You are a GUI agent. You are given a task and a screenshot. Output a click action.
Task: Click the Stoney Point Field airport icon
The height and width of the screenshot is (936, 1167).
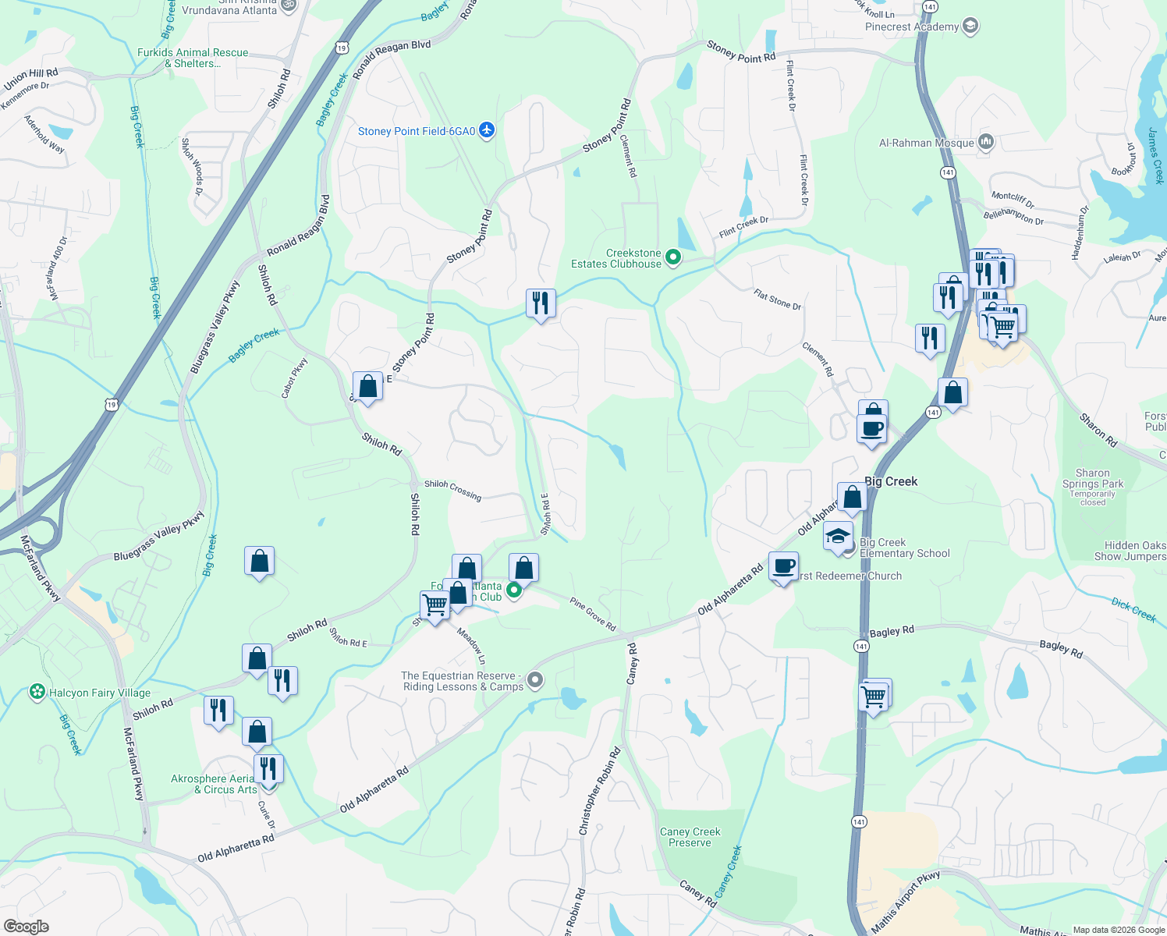[x=487, y=130]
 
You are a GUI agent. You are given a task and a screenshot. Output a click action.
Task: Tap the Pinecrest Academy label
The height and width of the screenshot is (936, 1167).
[x=912, y=27]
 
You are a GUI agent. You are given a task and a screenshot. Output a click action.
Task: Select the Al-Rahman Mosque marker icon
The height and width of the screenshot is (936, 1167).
[x=986, y=142]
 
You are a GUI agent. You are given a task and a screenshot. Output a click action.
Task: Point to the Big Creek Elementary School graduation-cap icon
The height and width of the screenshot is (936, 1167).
[x=838, y=537]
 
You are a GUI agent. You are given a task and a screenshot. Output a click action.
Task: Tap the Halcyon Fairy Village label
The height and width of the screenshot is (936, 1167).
[x=99, y=693]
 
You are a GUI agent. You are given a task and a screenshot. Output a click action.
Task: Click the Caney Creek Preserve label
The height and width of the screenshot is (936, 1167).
[x=690, y=837]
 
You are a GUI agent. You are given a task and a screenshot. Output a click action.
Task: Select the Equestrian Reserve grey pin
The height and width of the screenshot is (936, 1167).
[x=535, y=680]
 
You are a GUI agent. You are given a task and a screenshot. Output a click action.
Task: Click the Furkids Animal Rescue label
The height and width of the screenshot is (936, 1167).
[x=193, y=58]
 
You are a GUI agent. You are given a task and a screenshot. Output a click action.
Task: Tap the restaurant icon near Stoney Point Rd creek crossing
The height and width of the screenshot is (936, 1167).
[x=541, y=303]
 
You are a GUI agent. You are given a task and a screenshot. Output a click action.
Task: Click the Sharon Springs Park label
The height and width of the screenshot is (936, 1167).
[x=1093, y=478]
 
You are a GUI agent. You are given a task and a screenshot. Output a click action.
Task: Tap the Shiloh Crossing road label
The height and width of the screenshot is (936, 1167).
[x=452, y=489]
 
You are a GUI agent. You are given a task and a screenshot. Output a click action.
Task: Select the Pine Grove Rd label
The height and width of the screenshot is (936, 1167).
[x=593, y=614]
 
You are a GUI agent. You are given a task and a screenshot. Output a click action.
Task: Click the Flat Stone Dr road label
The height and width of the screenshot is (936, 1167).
[x=777, y=299]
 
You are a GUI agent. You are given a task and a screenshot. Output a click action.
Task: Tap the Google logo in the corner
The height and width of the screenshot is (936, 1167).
[x=27, y=927]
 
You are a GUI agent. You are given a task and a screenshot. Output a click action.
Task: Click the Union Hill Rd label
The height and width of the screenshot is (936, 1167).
[x=31, y=79]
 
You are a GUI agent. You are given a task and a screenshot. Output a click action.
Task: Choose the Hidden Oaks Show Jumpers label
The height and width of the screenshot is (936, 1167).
[x=1130, y=551]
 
